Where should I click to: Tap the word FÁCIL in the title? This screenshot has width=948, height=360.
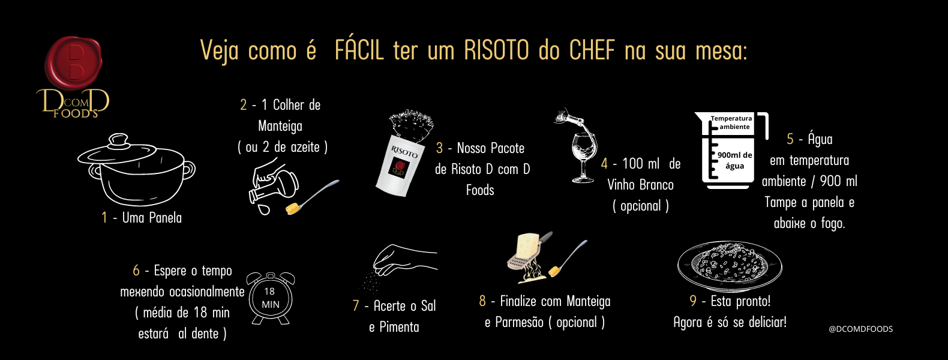click(359, 50)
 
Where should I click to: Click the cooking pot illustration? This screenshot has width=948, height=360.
click(136, 169)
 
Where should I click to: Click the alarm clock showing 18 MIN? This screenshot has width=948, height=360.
click(271, 298)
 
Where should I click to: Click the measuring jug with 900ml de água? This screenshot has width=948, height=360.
click(731, 150)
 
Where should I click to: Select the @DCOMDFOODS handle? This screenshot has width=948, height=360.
click(860, 329)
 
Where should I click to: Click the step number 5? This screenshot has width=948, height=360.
click(790, 139)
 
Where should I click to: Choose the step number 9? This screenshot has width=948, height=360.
click(693, 301)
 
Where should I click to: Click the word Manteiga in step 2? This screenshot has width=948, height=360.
click(280, 126)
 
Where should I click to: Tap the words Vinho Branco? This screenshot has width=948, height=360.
click(640, 185)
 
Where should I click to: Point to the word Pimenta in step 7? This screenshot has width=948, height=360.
click(399, 327)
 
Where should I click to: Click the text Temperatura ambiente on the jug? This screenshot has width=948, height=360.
click(731, 122)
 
